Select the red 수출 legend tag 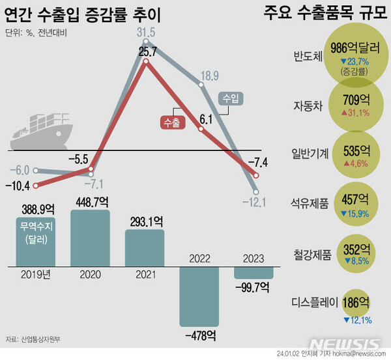click(172, 122)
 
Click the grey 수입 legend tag click(229, 98)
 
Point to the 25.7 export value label click(149, 51)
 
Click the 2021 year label click(145, 275)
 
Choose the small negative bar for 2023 click(255, 272)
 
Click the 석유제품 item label click(308, 204)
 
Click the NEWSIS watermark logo click(345, 344)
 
